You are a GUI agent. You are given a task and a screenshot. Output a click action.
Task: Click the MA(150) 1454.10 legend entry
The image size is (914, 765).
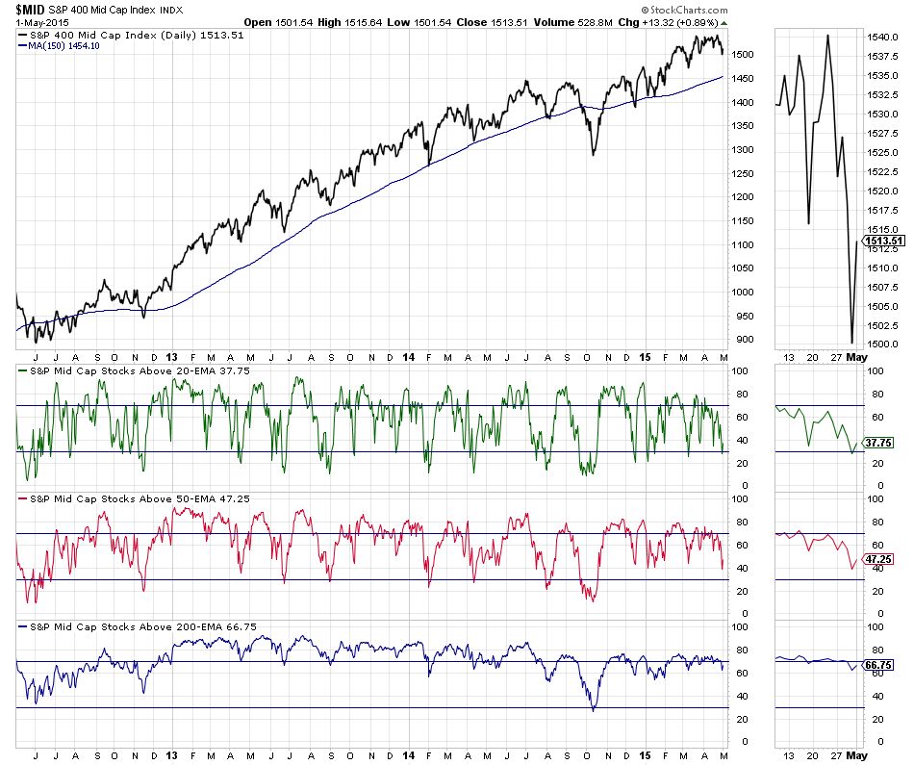click(63, 45)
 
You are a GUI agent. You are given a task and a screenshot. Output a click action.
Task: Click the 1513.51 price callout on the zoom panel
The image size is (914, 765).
click(885, 241)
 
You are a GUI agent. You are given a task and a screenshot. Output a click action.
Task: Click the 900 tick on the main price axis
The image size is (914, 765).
click(744, 339)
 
